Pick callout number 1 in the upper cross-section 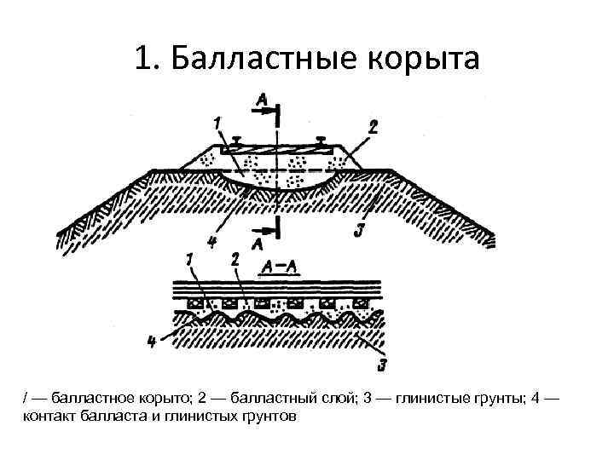pos(217,124)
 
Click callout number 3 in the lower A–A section pos(383,366)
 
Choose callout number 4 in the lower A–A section pos(152,342)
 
